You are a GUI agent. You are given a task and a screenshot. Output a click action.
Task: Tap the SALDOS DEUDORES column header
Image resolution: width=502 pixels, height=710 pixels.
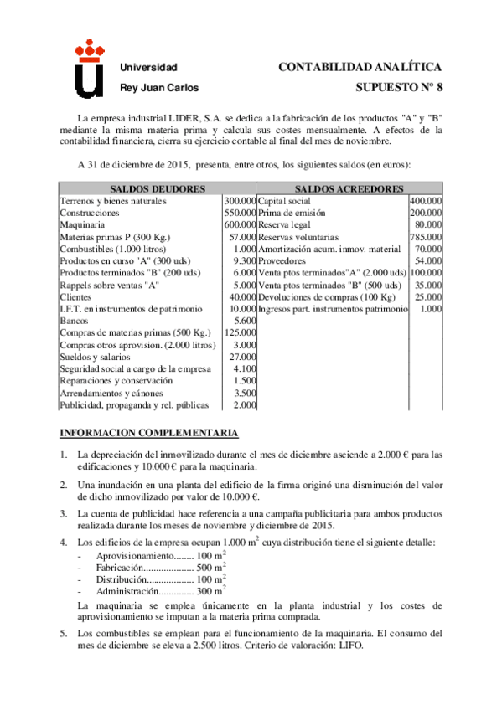(140, 189)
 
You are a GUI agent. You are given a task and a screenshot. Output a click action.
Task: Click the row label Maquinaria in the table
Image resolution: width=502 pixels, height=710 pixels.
(82, 225)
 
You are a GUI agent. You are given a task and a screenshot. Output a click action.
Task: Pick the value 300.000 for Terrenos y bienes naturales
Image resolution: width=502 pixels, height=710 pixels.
(240, 201)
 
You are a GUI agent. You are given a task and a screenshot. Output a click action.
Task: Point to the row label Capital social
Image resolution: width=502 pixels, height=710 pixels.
(284, 201)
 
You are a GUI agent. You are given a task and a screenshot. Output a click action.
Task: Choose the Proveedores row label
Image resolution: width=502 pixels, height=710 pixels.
(283, 261)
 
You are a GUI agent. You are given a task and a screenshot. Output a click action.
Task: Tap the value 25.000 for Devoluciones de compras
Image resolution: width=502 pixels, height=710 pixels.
(429, 297)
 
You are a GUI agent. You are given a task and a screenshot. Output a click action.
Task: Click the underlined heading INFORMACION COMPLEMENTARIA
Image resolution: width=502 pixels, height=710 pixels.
(148, 433)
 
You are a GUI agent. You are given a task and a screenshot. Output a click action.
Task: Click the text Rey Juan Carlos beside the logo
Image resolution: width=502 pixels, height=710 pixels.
(159, 87)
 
